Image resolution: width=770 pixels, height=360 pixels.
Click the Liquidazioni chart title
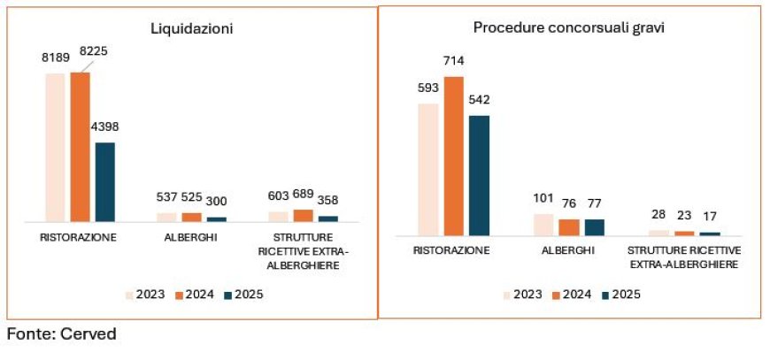(191, 28)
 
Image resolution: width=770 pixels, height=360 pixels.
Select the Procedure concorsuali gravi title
(568, 28)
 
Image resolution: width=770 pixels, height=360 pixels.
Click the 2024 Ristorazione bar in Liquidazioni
(81, 146)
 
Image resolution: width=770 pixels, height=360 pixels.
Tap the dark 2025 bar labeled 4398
(105, 181)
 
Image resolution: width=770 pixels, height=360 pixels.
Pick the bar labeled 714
(454, 156)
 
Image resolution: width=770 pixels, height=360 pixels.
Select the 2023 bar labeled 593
(428, 169)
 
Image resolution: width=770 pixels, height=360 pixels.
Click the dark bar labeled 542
(479, 174)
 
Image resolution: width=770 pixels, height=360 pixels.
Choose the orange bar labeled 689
(303, 215)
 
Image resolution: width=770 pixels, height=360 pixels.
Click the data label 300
(217, 200)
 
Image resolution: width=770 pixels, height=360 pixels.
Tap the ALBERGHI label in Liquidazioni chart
(190, 238)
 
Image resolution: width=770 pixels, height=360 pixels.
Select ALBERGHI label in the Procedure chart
(568, 251)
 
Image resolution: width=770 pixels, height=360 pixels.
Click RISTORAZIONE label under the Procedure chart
(452, 251)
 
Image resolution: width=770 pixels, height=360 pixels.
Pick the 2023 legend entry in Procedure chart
(526, 295)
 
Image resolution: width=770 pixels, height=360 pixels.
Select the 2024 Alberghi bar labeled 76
(569, 227)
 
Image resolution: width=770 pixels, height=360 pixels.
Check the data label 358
(327, 200)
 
